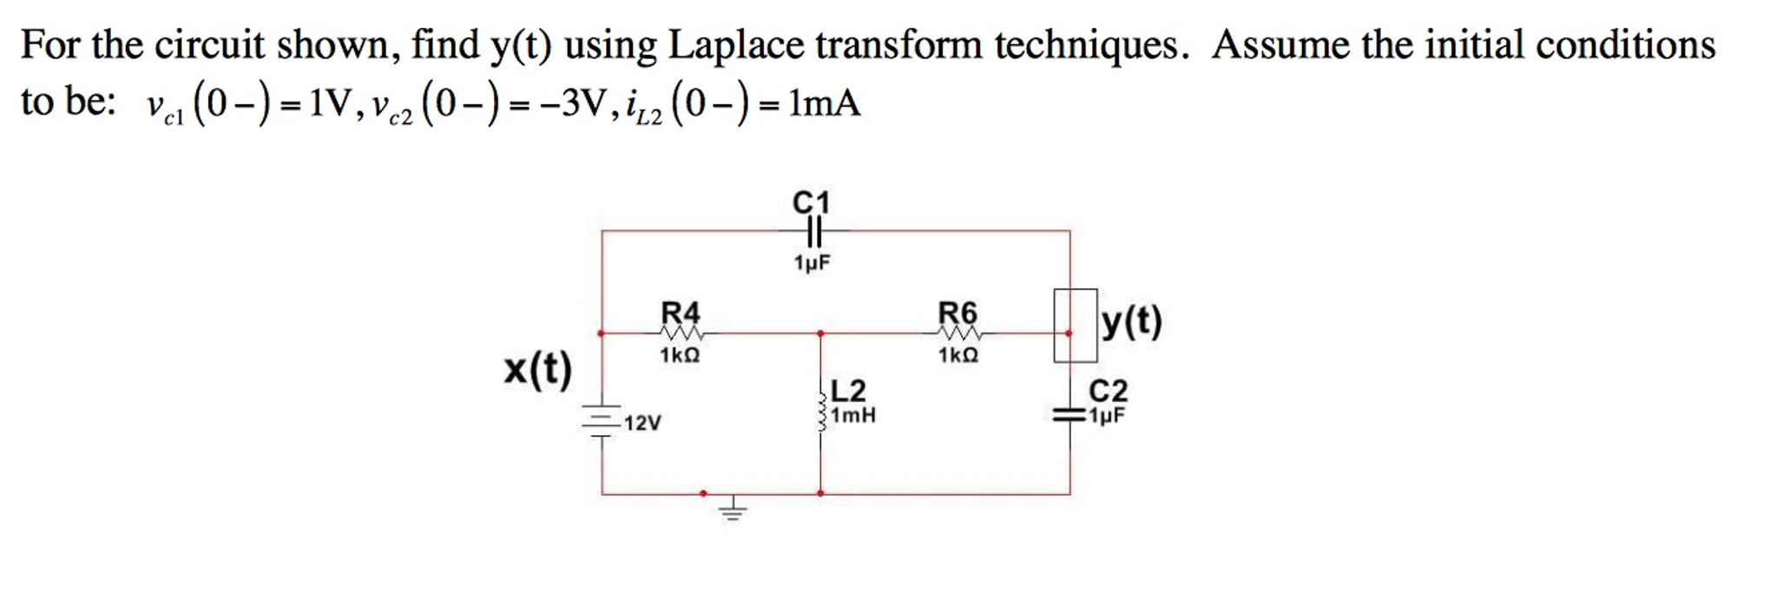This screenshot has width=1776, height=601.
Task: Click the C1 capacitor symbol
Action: pyautogui.click(x=812, y=231)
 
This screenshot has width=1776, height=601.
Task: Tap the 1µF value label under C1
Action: pyautogui.click(x=812, y=262)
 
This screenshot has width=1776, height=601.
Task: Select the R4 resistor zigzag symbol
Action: pyautogui.click(x=681, y=334)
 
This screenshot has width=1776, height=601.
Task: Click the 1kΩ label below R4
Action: pyautogui.click(x=680, y=356)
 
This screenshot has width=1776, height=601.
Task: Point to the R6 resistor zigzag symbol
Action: pyautogui.click(x=958, y=334)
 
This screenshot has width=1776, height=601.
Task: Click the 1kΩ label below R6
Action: pyautogui.click(x=958, y=356)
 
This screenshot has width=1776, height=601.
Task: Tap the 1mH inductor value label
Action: pyautogui.click(x=853, y=416)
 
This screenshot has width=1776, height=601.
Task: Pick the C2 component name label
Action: pyautogui.click(x=1108, y=391)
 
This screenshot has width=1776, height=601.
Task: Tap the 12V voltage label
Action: pyautogui.click(x=642, y=424)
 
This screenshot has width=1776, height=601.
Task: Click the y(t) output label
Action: pyautogui.click(x=1131, y=322)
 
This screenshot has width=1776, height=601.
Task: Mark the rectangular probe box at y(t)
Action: pyautogui.click(x=1075, y=325)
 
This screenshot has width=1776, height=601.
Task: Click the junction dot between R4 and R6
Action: pyautogui.click(x=820, y=333)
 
